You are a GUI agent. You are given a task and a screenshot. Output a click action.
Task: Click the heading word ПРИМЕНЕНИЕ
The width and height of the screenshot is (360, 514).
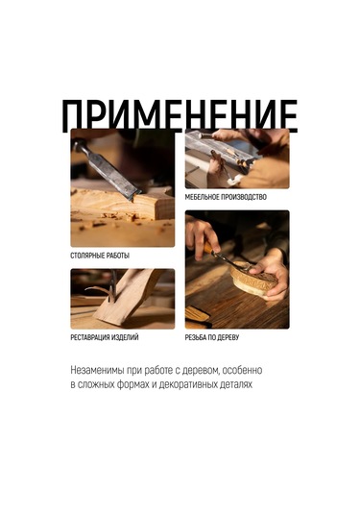click(180, 115)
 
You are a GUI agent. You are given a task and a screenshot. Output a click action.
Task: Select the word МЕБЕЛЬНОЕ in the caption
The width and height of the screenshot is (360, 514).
click(205, 197)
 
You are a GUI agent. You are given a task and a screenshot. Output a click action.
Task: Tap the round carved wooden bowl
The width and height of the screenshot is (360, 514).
click(252, 281)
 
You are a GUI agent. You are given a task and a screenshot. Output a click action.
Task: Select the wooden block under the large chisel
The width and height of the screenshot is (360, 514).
click(120, 205)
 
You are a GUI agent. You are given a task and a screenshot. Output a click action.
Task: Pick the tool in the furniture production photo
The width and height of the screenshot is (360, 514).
click(226, 151)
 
